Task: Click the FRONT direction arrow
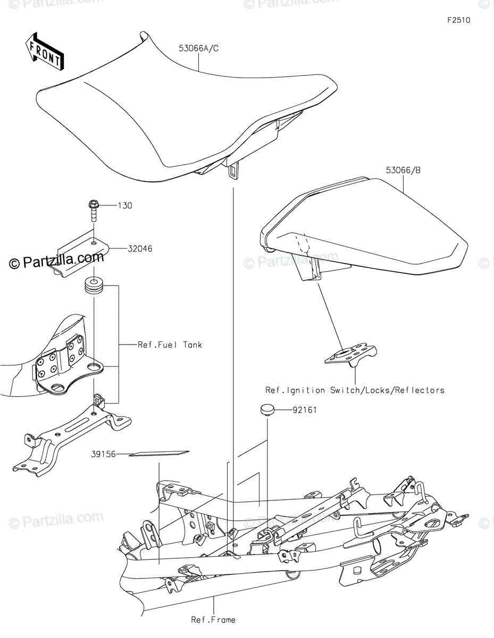[x=45, y=51]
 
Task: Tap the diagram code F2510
[x=459, y=20]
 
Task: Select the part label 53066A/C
[x=199, y=48]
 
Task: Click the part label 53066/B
[x=403, y=170]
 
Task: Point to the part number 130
[x=125, y=206]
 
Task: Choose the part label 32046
[x=140, y=249]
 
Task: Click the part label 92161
[x=305, y=410]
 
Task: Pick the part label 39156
[x=103, y=454]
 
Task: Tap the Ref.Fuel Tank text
[x=170, y=345]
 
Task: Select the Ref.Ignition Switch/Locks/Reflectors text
[x=355, y=390]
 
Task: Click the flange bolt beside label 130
[x=94, y=211]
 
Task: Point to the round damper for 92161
[x=267, y=409]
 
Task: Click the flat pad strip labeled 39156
[x=159, y=454]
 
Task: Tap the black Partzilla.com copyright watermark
[x=56, y=259]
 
